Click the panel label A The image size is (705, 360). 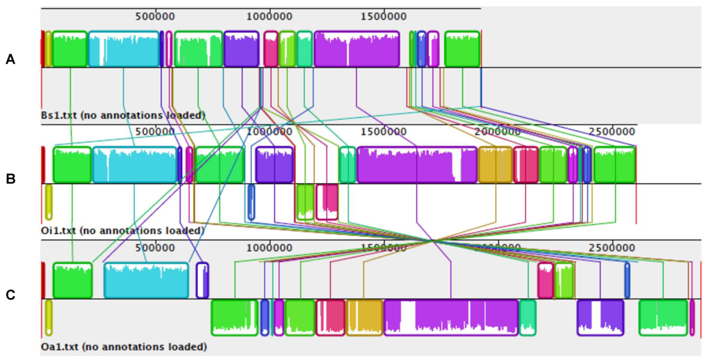click(10, 60)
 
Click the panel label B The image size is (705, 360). click(10, 178)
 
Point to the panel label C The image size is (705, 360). click(10, 295)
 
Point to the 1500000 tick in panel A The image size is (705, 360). click(383, 15)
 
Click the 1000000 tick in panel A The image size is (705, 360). click(269, 15)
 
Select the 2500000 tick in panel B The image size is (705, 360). click(611, 131)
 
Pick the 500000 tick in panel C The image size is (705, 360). click(154, 247)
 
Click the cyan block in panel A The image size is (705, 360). click(123, 49)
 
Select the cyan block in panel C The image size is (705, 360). click(147, 280)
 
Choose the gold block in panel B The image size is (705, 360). click(495, 165)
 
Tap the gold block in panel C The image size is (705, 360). click(364, 317)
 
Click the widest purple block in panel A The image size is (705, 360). click(357, 49)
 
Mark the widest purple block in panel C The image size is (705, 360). click(450, 317)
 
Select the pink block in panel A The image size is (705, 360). click(271, 49)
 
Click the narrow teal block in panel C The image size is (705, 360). click(527, 317)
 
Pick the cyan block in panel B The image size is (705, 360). click(135, 165)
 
